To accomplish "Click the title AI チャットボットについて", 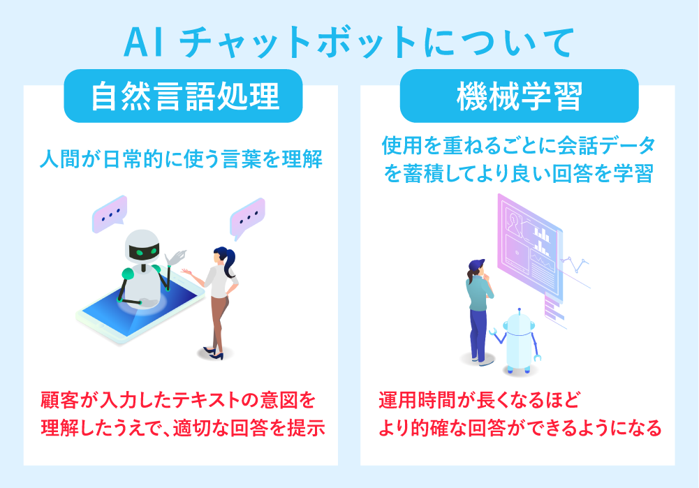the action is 349,43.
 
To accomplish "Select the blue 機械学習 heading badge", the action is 519,98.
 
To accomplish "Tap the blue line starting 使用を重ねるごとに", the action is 519,146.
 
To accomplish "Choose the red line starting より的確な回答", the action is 520,427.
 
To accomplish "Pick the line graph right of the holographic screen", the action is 575,263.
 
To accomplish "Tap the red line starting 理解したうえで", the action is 182,427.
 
